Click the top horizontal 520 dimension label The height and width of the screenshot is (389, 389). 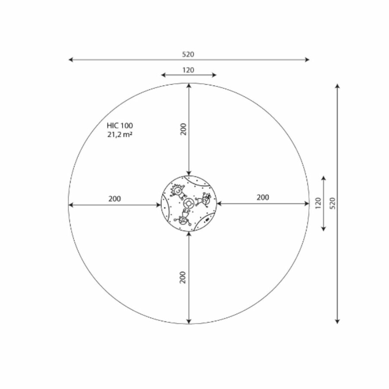(x=188, y=54)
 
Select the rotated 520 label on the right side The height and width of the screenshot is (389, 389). (x=333, y=203)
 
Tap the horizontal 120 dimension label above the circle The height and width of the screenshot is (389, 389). (x=188, y=70)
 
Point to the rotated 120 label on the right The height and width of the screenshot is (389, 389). (x=318, y=203)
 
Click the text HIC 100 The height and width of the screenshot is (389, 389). (x=120, y=125)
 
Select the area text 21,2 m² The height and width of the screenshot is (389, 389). (x=120, y=134)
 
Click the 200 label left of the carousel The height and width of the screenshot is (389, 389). (x=115, y=199)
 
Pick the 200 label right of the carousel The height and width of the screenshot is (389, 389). (x=263, y=198)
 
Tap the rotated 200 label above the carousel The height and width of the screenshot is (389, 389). (x=183, y=129)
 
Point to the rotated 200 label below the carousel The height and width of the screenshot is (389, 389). (x=182, y=277)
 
